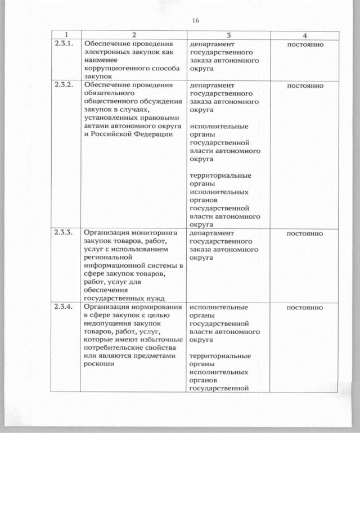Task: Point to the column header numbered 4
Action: point(304,35)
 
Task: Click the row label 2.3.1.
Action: point(63,43)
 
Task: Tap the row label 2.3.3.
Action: point(63,232)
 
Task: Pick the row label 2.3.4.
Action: point(63,307)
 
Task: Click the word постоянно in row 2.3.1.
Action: point(305,44)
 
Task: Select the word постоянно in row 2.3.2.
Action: point(305,86)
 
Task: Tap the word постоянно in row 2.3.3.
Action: point(305,233)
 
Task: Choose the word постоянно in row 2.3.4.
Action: point(305,308)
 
